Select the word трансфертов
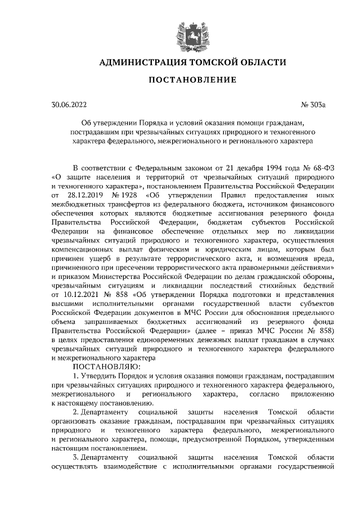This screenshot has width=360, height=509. coord(129,204)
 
